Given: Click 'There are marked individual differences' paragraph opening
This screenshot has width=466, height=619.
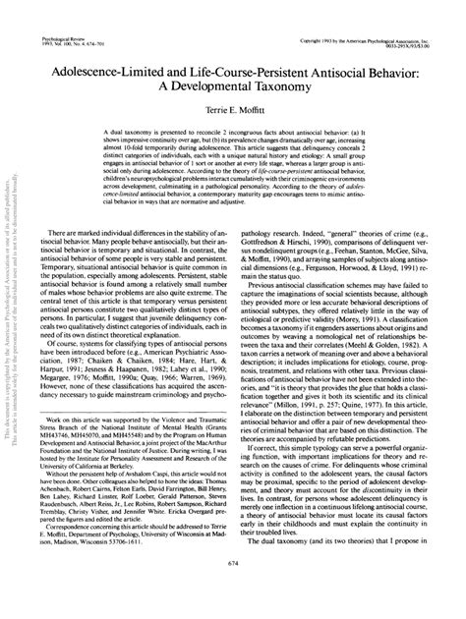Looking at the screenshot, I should coord(103,261).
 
